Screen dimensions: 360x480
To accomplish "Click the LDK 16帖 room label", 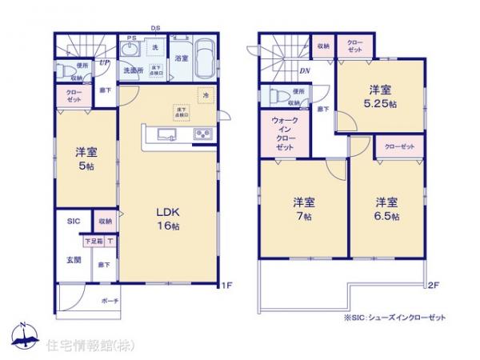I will pos(166,218).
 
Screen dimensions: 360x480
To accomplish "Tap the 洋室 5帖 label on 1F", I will pos(86,159).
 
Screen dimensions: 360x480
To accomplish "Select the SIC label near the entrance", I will pos(72,222).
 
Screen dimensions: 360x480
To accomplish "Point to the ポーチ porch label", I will pos(110,301).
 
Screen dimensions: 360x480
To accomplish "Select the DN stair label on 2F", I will pos(305,70).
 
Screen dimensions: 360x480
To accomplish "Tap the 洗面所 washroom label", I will pos(132,70).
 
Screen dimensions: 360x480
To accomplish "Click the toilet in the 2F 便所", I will pos(280,96).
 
